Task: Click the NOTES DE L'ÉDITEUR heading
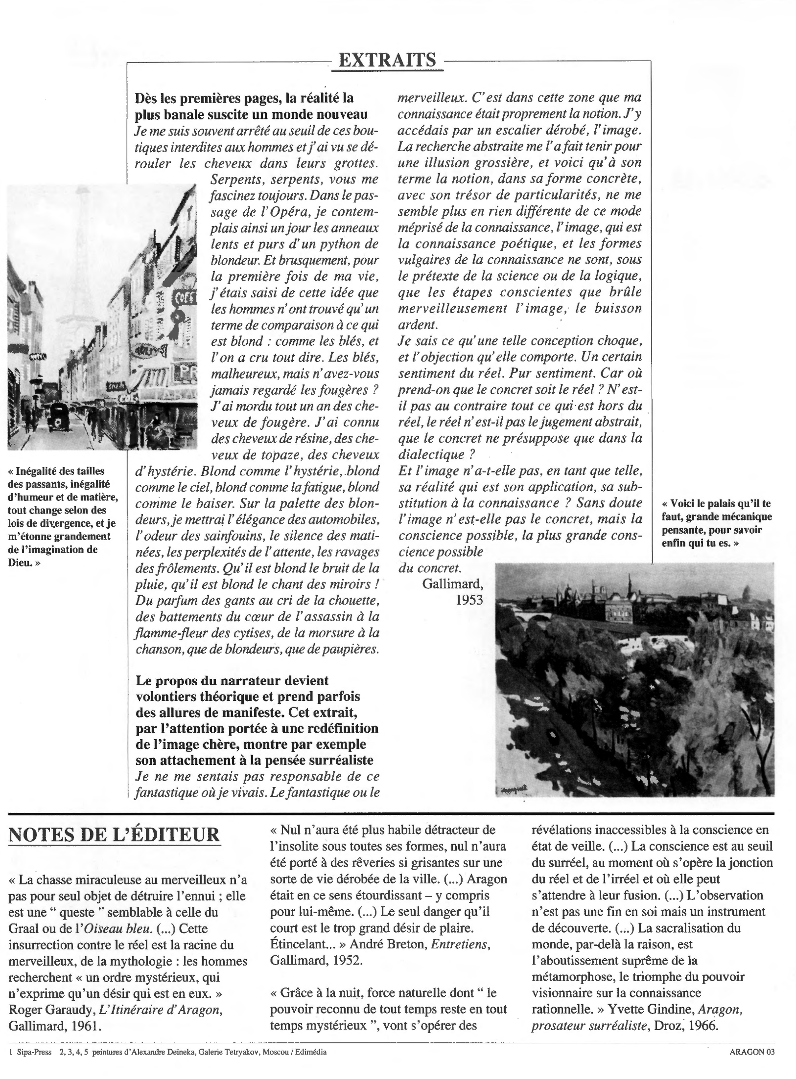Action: click(x=114, y=835)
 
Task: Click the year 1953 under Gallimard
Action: click(x=469, y=600)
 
